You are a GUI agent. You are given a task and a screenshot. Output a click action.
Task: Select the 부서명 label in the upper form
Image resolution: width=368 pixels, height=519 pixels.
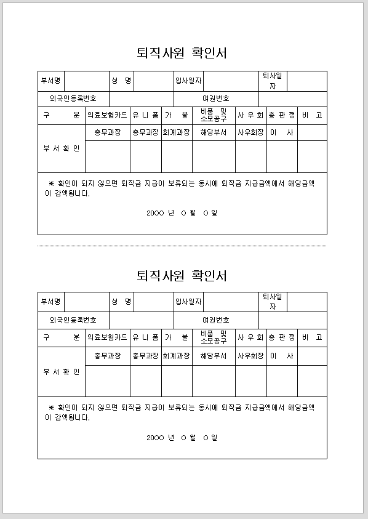pos(50,81)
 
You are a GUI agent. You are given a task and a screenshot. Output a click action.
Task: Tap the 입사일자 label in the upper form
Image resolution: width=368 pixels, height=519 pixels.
pos(188,81)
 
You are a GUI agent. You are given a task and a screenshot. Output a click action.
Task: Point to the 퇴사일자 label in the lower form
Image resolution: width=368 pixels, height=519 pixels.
pos(273,302)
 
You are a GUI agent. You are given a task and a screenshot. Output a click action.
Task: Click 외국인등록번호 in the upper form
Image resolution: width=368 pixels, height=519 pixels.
pos(73,99)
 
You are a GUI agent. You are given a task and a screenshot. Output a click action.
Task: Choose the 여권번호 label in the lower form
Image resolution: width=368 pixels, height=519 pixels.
pos(216,320)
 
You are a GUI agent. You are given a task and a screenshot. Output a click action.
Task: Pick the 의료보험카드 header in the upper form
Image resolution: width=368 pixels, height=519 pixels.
pos(107,115)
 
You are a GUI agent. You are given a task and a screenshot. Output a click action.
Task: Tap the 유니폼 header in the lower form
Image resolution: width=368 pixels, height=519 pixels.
pos(145,337)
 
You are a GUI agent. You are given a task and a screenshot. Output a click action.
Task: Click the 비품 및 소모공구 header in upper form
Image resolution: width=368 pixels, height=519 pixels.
pos(214,115)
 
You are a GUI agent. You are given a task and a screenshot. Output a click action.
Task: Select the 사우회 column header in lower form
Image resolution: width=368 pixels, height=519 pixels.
pos(250,337)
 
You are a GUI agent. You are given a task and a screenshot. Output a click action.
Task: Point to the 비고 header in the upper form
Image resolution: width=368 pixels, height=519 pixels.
pos(312,115)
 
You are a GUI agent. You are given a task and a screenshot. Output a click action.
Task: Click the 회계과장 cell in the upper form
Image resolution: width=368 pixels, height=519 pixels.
pos(176,132)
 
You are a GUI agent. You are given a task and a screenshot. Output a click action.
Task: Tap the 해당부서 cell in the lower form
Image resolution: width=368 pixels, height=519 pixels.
pos(214,356)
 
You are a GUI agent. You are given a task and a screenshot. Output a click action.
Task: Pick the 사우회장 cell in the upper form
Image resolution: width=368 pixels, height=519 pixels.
pos(250,132)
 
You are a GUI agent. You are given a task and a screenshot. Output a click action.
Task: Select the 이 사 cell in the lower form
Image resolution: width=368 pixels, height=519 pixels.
pos(282,356)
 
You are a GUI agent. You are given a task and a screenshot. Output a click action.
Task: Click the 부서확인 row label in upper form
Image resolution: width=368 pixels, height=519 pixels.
pos(61,148)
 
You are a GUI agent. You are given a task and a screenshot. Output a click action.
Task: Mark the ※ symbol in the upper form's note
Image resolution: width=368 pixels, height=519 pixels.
pos(51,183)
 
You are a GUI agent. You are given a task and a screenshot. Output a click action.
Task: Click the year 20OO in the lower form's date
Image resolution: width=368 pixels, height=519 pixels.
pos(155,438)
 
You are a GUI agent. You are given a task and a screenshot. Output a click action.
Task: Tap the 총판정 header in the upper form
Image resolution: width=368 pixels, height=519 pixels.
pos(282,115)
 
